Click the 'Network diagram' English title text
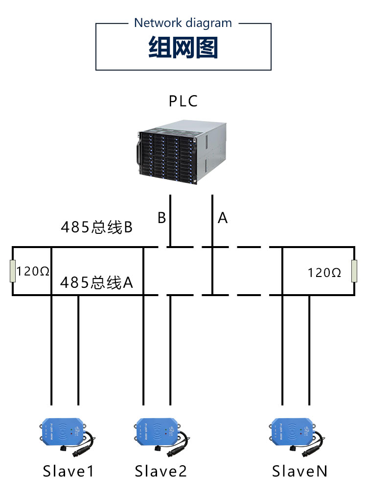[x=183, y=23]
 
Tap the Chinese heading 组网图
[x=183, y=49]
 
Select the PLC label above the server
[x=183, y=101]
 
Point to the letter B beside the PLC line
[x=161, y=218]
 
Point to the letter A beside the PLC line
[x=223, y=218]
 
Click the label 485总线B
[x=97, y=227]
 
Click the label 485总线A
[x=97, y=283]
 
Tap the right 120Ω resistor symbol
[x=354, y=272]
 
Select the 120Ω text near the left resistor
[x=33, y=272]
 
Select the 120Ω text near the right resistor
[x=324, y=273]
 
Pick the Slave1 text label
[x=68, y=472]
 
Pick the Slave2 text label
[x=161, y=472]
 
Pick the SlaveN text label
[x=299, y=472]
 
